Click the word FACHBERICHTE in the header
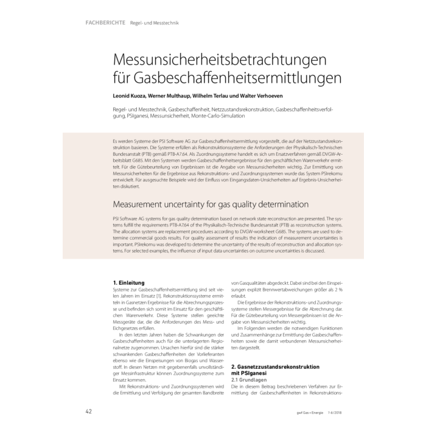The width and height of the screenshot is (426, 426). click(x=105, y=23)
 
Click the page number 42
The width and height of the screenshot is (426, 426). click(x=88, y=411)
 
